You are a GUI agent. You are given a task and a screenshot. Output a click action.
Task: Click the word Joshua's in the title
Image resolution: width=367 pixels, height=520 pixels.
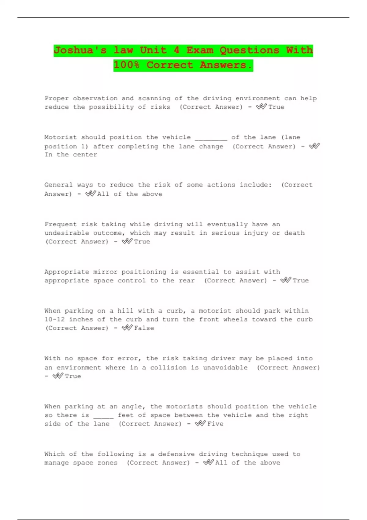pos(80,50)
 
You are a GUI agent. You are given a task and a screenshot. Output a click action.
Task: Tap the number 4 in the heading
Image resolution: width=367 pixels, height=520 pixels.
pos(176,50)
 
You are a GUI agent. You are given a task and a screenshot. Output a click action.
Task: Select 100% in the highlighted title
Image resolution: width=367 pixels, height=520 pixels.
pos(127,65)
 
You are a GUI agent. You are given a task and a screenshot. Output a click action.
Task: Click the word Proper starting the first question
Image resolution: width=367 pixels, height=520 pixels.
pos(57,98)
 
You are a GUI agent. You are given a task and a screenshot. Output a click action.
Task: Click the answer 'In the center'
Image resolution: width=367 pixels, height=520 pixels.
pos(71,155)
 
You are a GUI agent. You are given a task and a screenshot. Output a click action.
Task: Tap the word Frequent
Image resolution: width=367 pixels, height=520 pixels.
pos(61,224)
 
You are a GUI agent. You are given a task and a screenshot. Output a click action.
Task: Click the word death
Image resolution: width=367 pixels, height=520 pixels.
pos(294,233)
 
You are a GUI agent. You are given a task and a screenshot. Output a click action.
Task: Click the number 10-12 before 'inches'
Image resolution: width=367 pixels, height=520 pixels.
pos(54,319)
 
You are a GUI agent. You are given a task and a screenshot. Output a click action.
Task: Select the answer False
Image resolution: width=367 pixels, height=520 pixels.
pos(144,328)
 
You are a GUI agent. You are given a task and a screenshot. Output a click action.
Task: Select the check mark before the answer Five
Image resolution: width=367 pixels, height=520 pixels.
pos(200,423)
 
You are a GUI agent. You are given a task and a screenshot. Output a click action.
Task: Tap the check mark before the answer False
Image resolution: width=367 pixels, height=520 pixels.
pos(127,328)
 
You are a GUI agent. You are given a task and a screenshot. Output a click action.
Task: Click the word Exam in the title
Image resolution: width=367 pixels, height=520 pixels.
pos(200,50)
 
